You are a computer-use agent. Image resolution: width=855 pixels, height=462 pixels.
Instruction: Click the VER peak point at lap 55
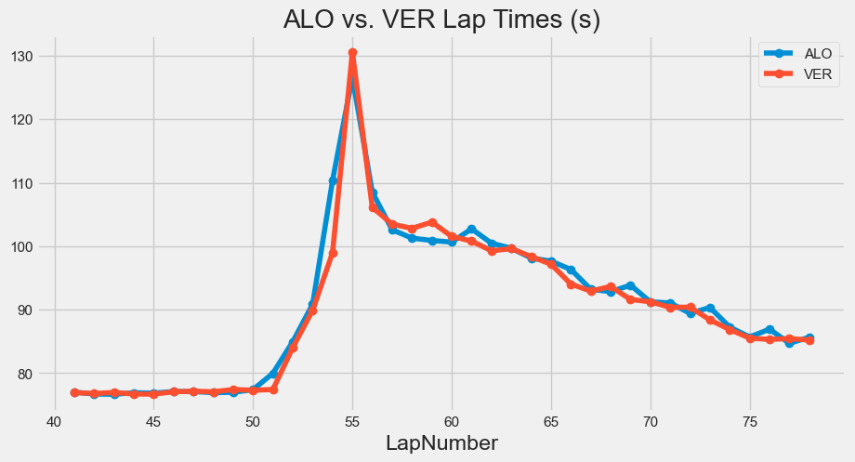[x=352, y=53]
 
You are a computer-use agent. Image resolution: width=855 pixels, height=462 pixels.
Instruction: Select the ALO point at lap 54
[x=333, y=180]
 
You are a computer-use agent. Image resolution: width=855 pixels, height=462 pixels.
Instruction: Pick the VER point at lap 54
[x=333, y=253]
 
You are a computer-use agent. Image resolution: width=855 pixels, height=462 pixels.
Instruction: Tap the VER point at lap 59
[x=432, y=223]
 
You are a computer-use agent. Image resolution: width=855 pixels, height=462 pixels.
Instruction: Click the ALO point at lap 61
[x=472, y=229]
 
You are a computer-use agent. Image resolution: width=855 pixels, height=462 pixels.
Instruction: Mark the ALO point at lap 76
[x=769, y=330]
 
